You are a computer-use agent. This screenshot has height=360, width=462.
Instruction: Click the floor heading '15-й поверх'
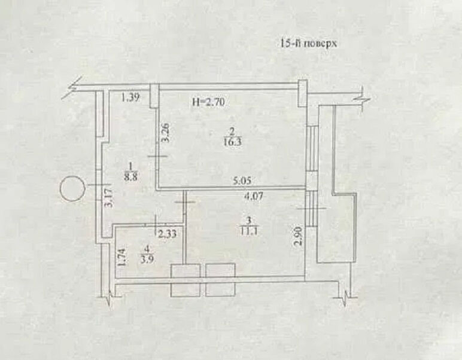click(308, 44)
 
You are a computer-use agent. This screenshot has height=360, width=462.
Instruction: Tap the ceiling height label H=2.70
click(209, 102)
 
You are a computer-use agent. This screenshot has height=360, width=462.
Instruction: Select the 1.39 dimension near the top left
click(130, 97)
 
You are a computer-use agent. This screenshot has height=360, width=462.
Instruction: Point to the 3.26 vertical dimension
click(166, 133)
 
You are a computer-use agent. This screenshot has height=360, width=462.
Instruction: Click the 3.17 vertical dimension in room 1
click(109, 199)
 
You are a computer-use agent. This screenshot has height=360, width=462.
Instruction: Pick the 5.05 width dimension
click(242, 181)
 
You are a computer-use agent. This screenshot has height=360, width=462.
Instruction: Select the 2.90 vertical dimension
click(299, 236)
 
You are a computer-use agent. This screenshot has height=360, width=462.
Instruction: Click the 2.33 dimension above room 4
click(168, 234)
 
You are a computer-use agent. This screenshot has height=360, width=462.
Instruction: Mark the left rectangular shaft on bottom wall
click(186, 280)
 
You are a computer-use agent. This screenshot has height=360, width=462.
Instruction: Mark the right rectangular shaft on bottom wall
click(220, 280)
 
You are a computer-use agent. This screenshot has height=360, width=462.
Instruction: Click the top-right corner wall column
click(303, 93)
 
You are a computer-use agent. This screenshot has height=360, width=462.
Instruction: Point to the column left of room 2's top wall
click(154, 96)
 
